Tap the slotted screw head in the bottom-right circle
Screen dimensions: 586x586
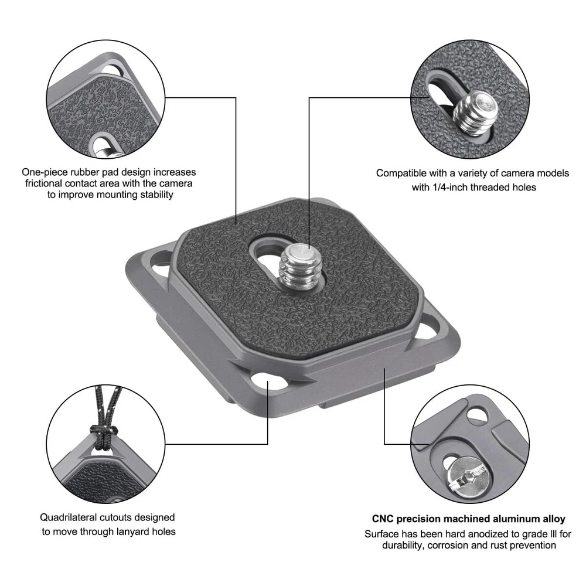tap(468, 477)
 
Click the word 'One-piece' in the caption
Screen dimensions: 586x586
tap(45, 172)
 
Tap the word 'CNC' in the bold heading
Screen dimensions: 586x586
tap(382, 519)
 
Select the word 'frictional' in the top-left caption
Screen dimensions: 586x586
tap(43, 183)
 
